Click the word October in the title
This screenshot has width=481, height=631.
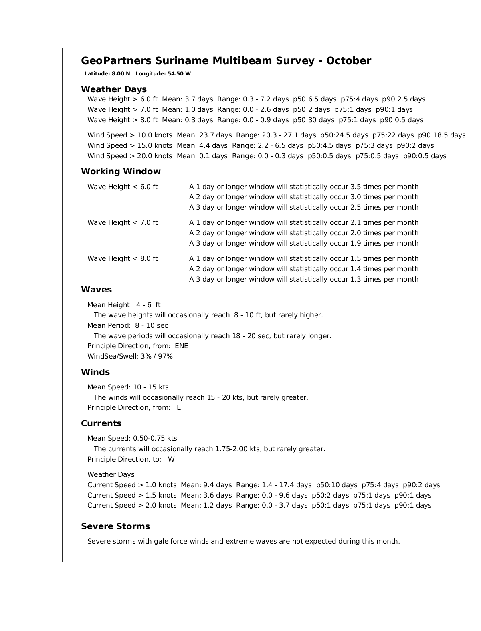tap(348, 61)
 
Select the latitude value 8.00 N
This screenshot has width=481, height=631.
tap(121, 74)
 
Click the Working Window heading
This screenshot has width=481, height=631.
tap(121, 171)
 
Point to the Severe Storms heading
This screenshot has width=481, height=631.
tap(115, 526)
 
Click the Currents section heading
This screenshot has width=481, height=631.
tap(101, 423)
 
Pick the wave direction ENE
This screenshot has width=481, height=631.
tap(182, 346)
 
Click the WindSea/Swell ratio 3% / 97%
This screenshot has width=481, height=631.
tap(157, 357)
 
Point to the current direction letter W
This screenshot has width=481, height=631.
tap(171, 460)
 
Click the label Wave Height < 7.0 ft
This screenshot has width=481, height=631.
tap(123, 223)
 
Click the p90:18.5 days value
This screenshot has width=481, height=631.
tap(442, 135)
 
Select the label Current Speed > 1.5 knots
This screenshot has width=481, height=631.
tap(132, 496)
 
